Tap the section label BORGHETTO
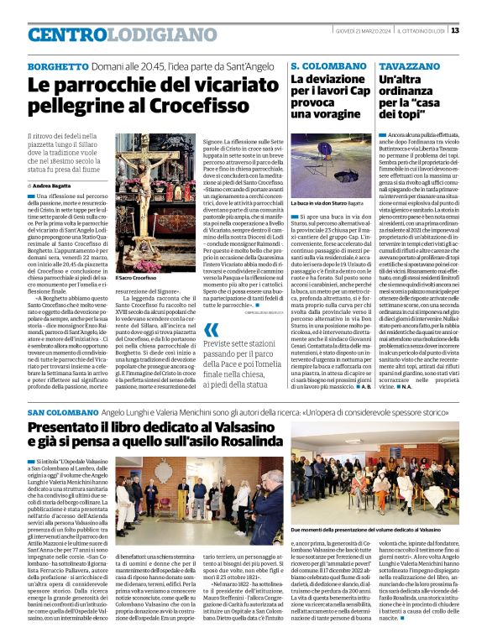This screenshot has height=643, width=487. click(x=57, y=65)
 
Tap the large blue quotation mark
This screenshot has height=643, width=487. click(x=210, y=330)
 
